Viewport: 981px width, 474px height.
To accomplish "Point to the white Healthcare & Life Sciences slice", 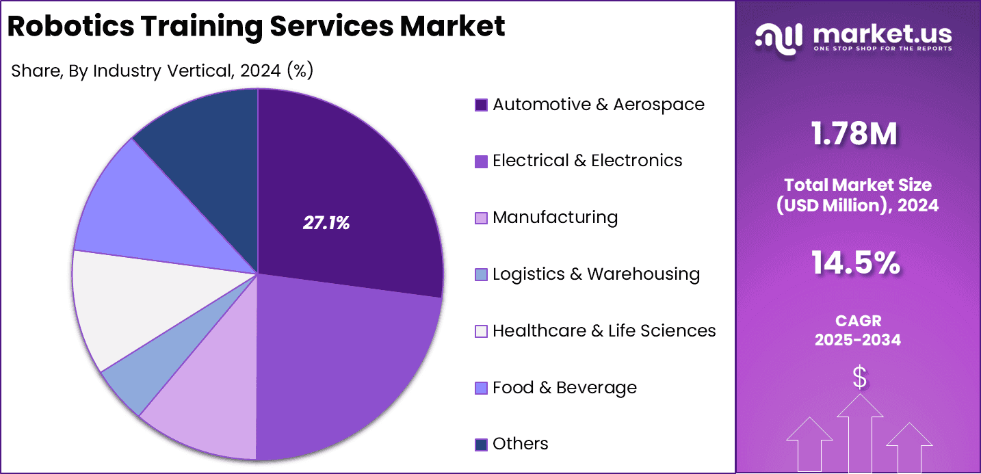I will point(116,308).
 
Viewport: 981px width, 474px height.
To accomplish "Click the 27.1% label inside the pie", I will point(326,223).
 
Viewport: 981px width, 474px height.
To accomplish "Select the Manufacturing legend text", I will point(555,218).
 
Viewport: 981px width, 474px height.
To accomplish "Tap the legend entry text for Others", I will point(520,444).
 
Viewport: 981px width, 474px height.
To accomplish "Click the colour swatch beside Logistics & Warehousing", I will point(481,275).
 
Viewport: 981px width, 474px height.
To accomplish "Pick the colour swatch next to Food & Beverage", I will point(481,389).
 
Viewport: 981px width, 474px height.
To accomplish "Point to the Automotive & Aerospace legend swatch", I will point(481,105).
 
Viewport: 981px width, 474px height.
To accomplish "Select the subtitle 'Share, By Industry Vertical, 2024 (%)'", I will point(162,70).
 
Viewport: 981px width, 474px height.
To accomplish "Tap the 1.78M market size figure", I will point(854,134).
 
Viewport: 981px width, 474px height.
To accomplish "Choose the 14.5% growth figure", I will point(855,264).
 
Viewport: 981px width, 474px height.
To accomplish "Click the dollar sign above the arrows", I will point(859,377).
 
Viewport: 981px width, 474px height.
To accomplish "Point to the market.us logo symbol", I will point(778,38).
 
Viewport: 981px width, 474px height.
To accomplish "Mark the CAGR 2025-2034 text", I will point(858,330).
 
